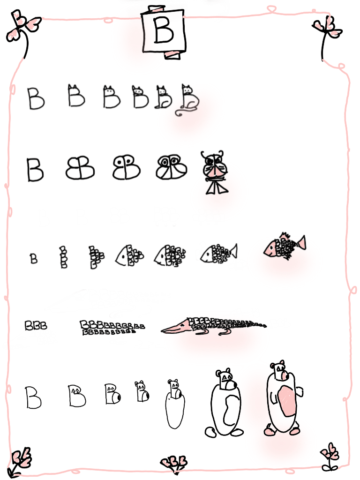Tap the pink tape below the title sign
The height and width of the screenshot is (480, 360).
[172, 55]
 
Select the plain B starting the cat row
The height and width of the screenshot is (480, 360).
[36, 98]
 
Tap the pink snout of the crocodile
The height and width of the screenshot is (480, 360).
[177, 327]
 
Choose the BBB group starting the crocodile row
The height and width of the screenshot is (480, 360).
[36, 325]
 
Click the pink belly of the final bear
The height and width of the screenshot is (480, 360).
[286, 401]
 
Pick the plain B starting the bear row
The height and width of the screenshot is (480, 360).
[33, 397]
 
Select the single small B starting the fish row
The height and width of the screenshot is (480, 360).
[34, 259]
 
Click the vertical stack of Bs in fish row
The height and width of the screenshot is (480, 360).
[63, 257]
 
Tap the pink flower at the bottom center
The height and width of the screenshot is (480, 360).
[174, 463]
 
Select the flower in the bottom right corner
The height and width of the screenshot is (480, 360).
[330, 457]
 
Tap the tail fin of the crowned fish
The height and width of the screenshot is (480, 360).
[300, 243]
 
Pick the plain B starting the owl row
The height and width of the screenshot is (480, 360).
[35, 170]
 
